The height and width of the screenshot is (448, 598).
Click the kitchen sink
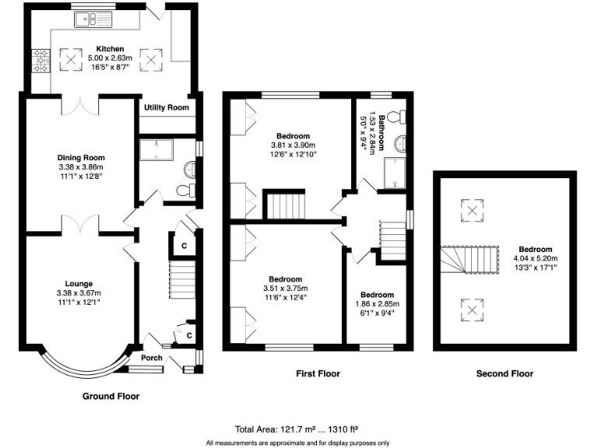[93, 19]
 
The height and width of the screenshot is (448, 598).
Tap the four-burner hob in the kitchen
[40, 61]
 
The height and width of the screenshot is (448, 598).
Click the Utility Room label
[167, 107]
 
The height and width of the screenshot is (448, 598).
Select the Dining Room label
[81, 157]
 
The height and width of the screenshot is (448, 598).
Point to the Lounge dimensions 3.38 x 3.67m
[79, 293]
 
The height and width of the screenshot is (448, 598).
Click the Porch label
[152, 358]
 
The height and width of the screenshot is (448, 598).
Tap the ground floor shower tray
[157, 149]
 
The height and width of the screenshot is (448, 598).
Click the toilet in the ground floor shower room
[187, 190]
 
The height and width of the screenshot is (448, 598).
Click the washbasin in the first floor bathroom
[400, 144]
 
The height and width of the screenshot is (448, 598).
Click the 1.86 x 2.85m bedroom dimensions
[377, 304]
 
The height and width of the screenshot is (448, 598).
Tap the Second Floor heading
[505, 373]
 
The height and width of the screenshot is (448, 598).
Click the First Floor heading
[318, 373]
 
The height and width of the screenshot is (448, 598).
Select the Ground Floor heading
[111, 396]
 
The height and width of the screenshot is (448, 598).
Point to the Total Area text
[297, 429]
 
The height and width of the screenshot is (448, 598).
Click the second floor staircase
[470, 260]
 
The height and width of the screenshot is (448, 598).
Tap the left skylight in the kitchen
[71, 59]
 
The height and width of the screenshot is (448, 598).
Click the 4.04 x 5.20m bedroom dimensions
[536, 258]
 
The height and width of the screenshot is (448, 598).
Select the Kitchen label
[110, 49]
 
